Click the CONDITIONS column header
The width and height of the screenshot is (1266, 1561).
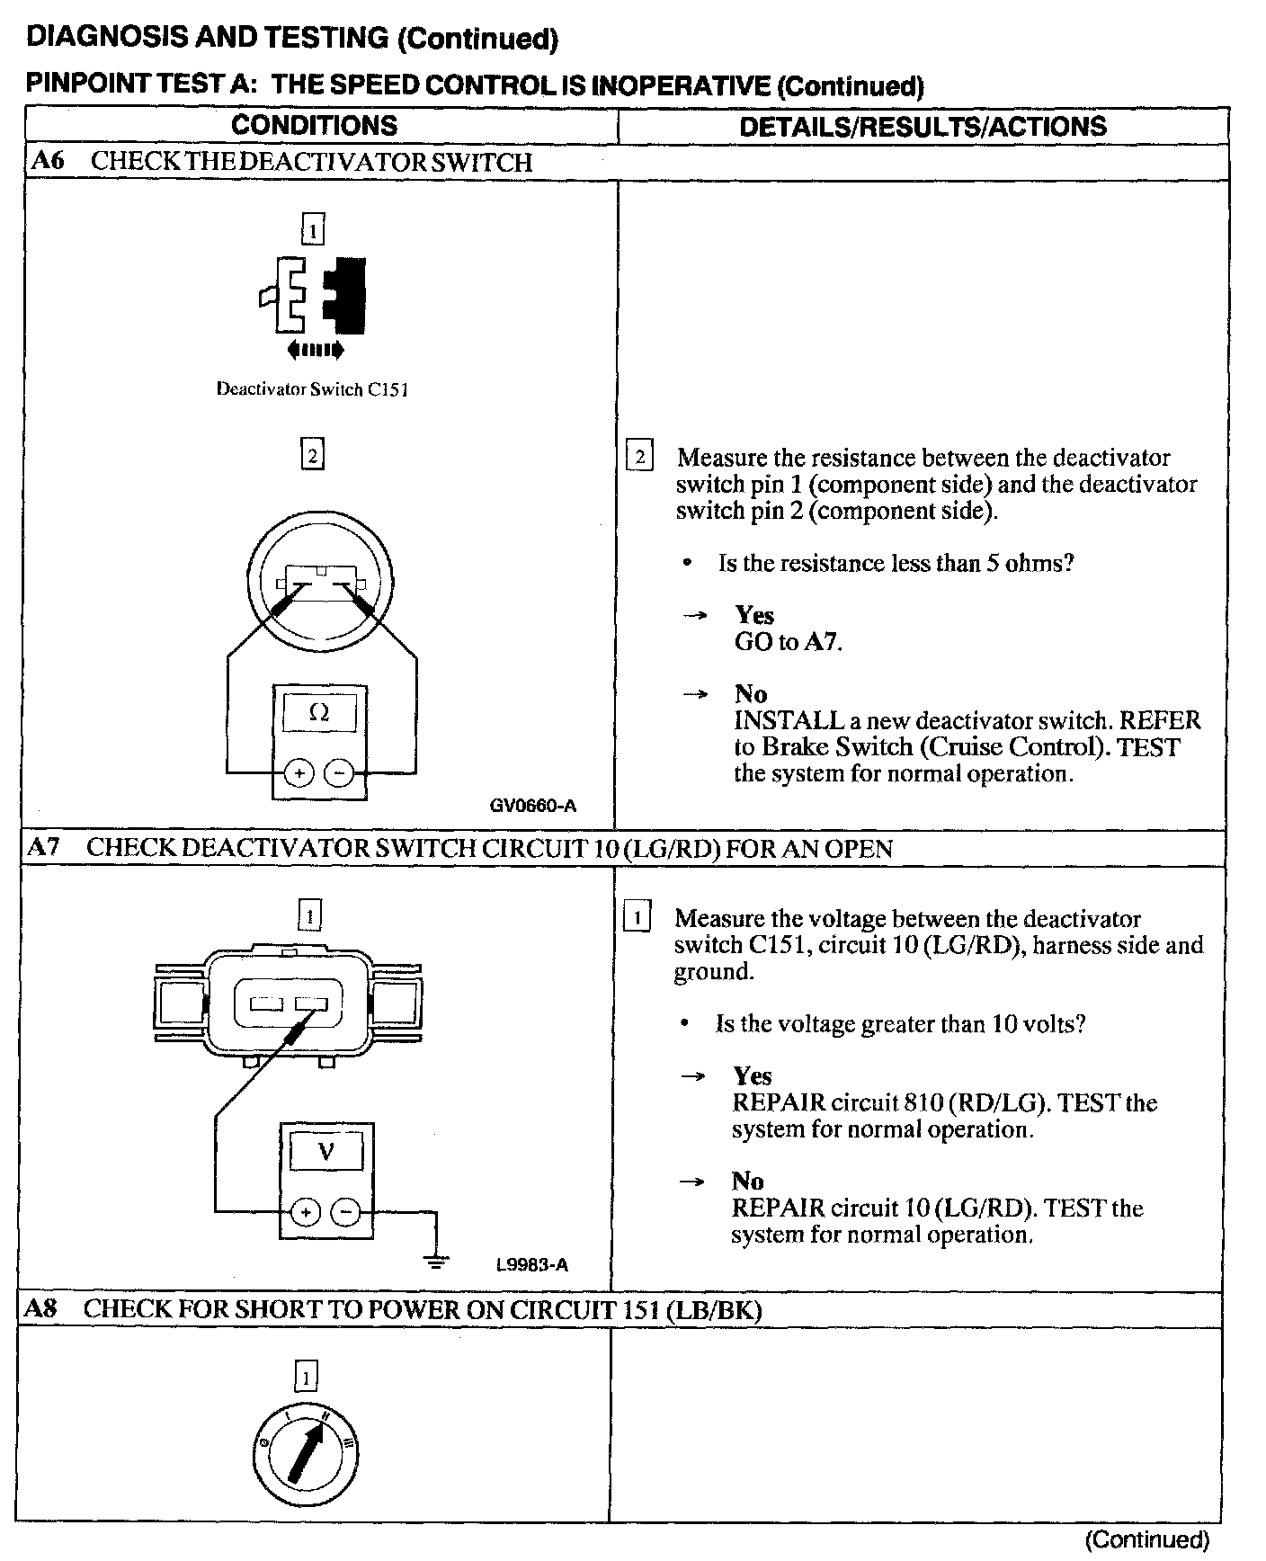(314, 125)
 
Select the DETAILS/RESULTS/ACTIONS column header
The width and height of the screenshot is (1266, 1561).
(923, 126)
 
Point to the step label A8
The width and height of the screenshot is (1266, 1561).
(40, 1308)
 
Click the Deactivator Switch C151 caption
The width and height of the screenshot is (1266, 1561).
(312, 389)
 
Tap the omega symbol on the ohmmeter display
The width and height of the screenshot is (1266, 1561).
(318, 713)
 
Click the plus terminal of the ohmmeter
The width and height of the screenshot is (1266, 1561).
(299, 772)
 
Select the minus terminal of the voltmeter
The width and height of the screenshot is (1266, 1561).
(346, 1212)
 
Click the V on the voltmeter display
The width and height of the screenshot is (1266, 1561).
(325, 1151)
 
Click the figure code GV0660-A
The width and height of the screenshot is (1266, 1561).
(532, 806)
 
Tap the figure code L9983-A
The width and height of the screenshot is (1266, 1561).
(532, 1265)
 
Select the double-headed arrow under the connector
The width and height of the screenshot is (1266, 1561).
(315, 349)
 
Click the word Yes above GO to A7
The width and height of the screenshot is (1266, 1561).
(753, 615)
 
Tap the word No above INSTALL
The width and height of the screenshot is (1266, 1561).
(751, 694)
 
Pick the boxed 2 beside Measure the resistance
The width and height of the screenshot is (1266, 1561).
(639, 457)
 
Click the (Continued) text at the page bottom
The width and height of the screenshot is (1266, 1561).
(1146, 1539)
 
